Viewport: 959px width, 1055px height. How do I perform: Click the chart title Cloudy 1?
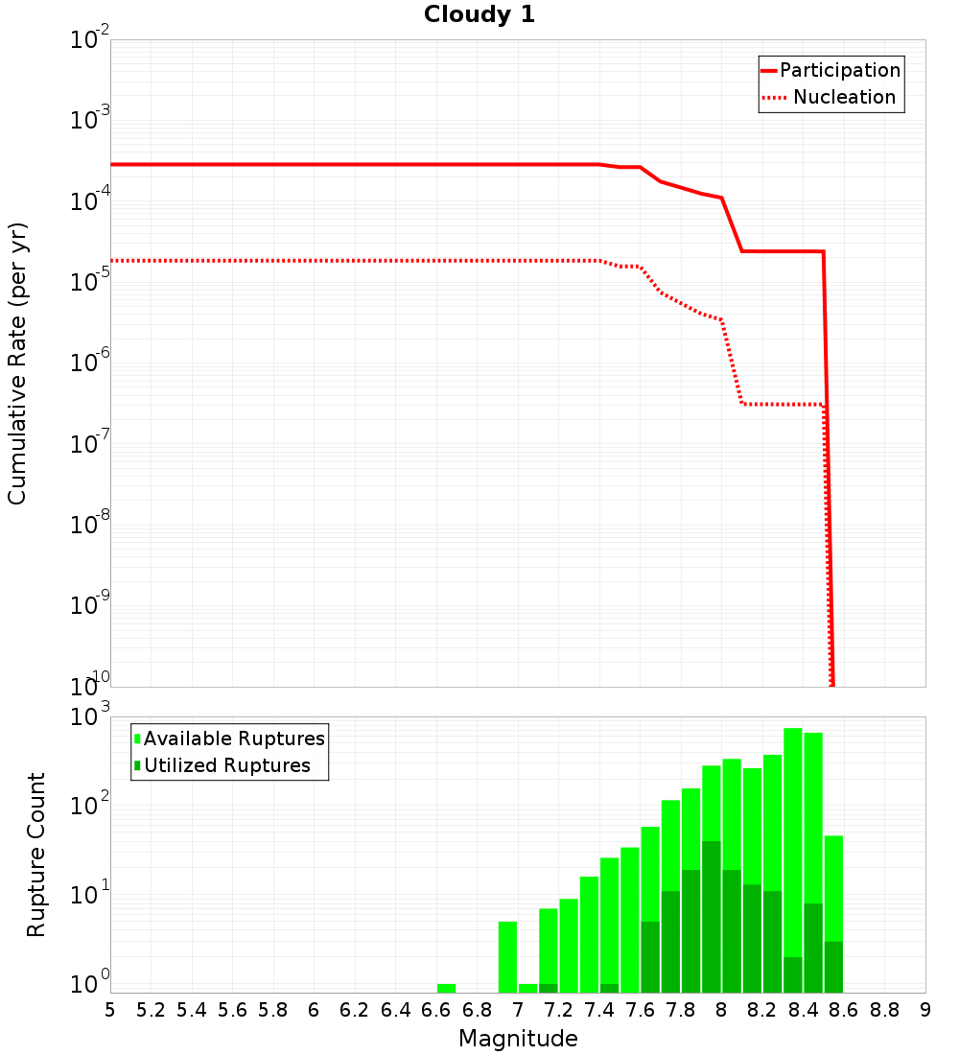(x=479, y=14)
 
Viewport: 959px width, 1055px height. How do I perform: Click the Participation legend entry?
(x=839, y=71)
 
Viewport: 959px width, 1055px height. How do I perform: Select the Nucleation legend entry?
(x=844, y=98)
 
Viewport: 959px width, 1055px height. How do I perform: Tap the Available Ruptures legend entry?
(x=233, y=739)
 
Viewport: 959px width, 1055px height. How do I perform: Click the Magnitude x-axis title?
(x=518, y=1039)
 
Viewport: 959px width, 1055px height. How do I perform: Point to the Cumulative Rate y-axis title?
(x=17, y=363)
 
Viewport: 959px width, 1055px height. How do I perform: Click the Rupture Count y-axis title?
(x=36, y=854)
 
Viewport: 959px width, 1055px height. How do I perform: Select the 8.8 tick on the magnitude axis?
(x=884, y=1010)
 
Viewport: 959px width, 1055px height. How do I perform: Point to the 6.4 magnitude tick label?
(x=395, y=1010)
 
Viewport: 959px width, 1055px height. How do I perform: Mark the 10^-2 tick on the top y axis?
(x=92, y=40)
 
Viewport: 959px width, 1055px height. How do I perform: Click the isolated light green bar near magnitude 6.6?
(x=446, y=988)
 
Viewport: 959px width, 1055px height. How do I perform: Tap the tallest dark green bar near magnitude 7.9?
(x=712, y=916)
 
